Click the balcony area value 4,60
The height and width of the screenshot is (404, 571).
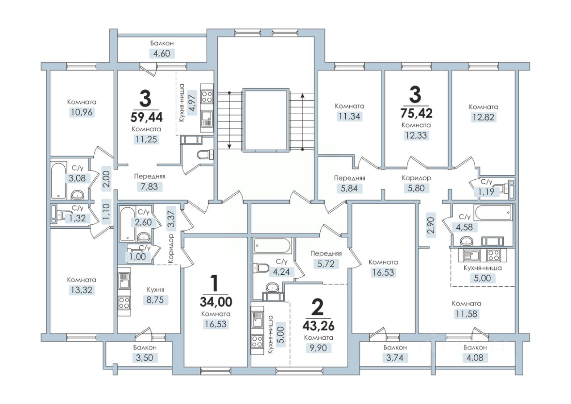162,54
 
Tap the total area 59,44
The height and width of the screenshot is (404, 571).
146,117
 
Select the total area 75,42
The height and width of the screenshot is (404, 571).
416,113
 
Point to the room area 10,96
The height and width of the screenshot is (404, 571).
82,112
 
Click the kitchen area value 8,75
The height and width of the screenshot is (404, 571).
155,300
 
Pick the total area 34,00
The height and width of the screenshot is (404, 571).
216,302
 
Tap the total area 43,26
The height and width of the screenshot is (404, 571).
319,326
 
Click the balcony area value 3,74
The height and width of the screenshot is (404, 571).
395,358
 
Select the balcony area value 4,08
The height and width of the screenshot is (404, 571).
475,358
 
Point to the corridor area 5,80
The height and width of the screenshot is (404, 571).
416,188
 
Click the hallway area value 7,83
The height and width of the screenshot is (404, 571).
149,187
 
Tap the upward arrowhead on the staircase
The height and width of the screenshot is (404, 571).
302,96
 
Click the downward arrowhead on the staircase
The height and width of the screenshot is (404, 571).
229,146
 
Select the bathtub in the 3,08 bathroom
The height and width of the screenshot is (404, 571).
58,180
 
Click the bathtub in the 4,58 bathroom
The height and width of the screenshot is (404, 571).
493,213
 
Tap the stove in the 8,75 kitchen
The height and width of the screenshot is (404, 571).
124,303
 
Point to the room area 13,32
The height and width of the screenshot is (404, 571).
82,290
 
